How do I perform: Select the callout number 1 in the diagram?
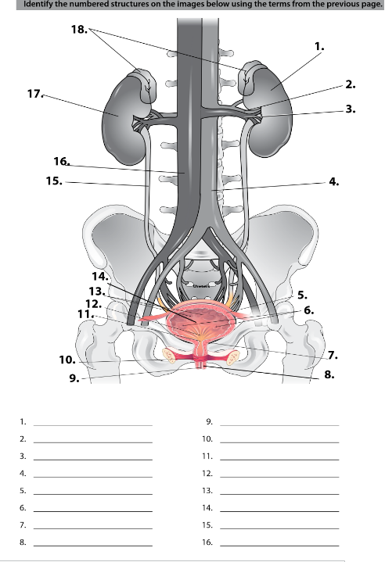(x=318, y=46)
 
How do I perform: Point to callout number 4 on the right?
(x=334, y=181)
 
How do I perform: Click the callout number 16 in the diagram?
(x=62, y=161)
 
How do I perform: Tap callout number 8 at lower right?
(x=329, y=375)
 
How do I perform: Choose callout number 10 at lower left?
(x=67, y=360)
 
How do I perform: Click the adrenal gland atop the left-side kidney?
(x=142, y=82)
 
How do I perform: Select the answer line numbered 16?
(x=279, y=543)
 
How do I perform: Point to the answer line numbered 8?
(x=92, y=543)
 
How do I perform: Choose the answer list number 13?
(x=207, y=490)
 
